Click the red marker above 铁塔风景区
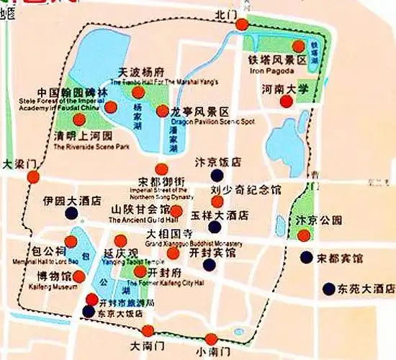click(x=268, y=46)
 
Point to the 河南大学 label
click(x=285, y=90)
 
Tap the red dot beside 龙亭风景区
click(x=162, y=111)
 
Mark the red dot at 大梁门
click(x=42, y=176)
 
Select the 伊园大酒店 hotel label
click(x=71, y=202)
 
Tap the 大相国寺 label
click(x=169, y=234)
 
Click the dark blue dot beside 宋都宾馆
click(x=307, y=257)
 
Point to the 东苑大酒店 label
click(x=366, y=289)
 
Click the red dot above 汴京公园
click(x=304, y=235)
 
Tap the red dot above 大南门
click(x=148, y=330)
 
